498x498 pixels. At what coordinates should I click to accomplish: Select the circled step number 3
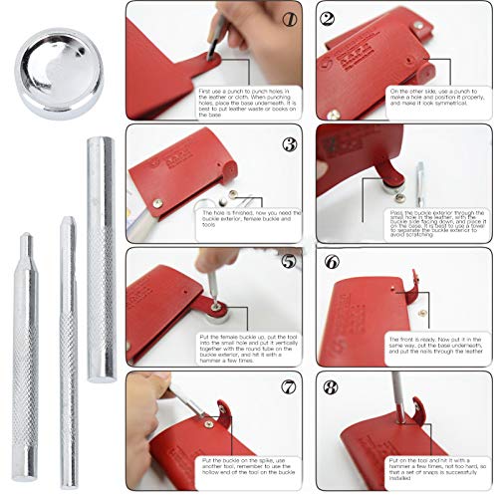(290, 142)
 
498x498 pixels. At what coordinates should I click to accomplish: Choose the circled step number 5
(290, 263)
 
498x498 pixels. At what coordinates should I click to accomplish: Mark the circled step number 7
(290, 387)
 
